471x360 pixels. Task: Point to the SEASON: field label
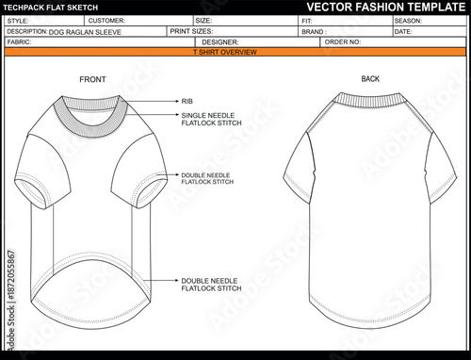tap(408, 20)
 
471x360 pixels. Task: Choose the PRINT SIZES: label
tap(191, 31)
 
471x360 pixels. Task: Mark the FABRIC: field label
tap(19, 42)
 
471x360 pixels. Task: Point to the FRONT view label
tap(92, 78)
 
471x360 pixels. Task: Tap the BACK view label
tap(370, 78)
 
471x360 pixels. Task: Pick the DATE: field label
tap(403, 31)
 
